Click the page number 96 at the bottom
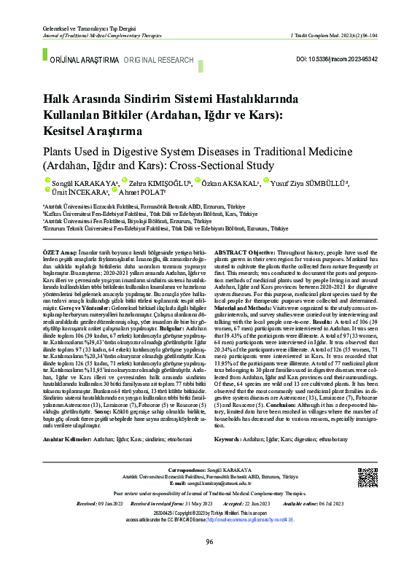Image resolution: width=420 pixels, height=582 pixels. [209, 562]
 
